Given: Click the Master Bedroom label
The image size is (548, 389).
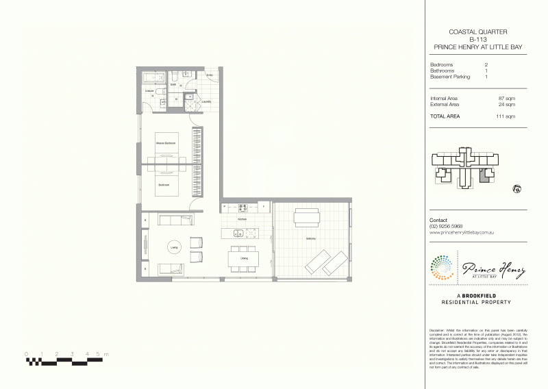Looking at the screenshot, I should point(166,142).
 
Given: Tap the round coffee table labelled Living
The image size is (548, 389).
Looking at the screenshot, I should point(174,247).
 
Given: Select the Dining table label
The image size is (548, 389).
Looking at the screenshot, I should point(244,258).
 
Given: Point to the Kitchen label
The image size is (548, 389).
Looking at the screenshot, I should point(242,218).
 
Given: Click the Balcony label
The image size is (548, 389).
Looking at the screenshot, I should point(310,238).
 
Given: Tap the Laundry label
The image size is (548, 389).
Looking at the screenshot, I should point(206,101).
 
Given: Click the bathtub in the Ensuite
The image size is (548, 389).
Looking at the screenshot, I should point(151,90).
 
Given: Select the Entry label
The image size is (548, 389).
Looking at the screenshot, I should point(210,75).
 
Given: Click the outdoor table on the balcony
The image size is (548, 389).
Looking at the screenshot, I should point(306,218).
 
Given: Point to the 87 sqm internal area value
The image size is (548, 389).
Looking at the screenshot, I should point(506,99).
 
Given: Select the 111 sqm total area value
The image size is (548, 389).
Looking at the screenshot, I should point(505,116).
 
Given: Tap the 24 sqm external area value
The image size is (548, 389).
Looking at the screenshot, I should point(506,105).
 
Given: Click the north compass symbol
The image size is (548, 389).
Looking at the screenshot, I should point(514,188).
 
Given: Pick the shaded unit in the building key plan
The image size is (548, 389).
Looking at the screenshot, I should point(484,177).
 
